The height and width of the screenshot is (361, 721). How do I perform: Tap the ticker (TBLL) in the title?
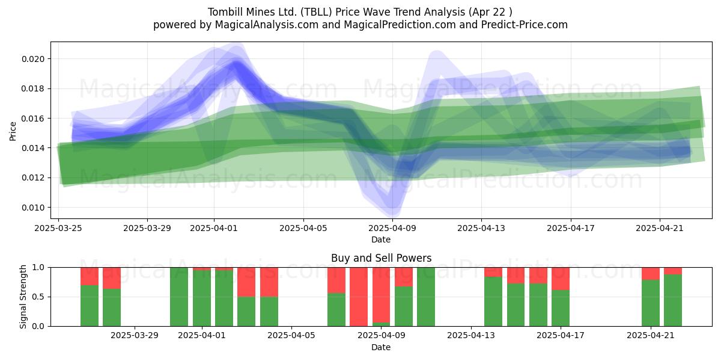(316, 12)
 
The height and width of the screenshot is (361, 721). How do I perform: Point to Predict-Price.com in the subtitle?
(525, 25)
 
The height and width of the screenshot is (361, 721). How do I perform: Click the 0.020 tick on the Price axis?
(33, 59)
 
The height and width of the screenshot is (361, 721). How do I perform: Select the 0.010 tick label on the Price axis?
(33, 208)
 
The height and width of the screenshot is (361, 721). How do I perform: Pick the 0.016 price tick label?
(33, 119)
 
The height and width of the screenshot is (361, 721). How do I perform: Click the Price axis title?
(13, 131)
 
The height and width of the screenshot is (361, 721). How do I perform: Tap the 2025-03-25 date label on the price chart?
(58, 228)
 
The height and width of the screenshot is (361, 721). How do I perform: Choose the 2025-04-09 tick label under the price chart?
(392, 228)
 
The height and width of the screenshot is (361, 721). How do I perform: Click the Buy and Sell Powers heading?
(381, 258)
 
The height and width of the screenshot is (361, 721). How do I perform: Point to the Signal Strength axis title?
(23, 297)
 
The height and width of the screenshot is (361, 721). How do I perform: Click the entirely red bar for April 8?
(359, 297)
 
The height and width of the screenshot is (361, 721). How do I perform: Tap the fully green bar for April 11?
(426, 297)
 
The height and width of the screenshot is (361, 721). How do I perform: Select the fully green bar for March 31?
(179, 297)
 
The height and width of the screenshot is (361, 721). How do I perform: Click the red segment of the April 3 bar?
(246, 282)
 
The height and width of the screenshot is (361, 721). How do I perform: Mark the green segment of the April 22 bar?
(673, 300)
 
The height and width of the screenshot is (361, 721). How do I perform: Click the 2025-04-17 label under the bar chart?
(561, 336)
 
